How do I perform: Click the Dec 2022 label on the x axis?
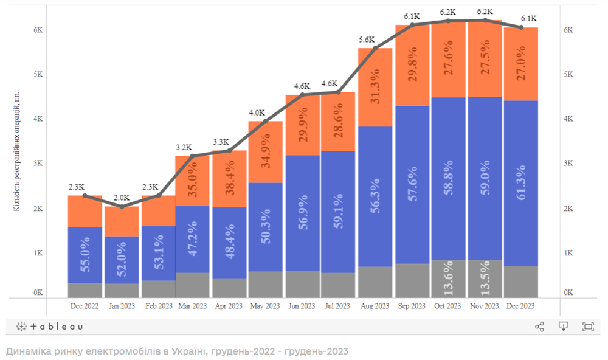click(85, 305)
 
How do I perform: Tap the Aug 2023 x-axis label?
click(375, 305)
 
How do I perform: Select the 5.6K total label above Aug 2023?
click(367, 40)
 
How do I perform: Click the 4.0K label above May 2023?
click(257, 112)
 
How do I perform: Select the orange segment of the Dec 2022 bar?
click(85, 211)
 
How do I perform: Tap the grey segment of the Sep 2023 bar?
click(412, 280)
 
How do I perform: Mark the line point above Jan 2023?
click(121, 207)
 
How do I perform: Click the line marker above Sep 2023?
click(412, 25)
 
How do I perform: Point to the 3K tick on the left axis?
click(38, 164)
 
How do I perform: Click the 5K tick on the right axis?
click(569, 74)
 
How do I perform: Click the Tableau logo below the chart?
click(50, 327)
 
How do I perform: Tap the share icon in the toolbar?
click(539, 327)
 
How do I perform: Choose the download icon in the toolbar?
click(564, 327)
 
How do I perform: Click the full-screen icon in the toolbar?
click(588, 327)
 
